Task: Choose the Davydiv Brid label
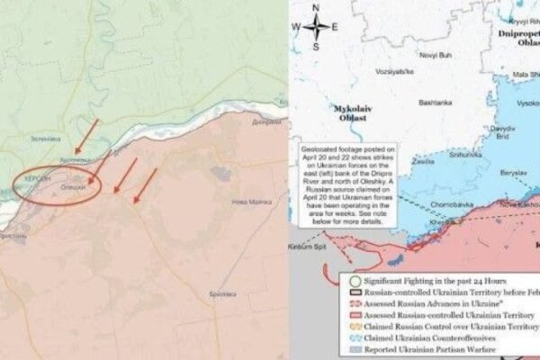coord(501,132)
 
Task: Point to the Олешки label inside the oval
coord(73,186)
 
